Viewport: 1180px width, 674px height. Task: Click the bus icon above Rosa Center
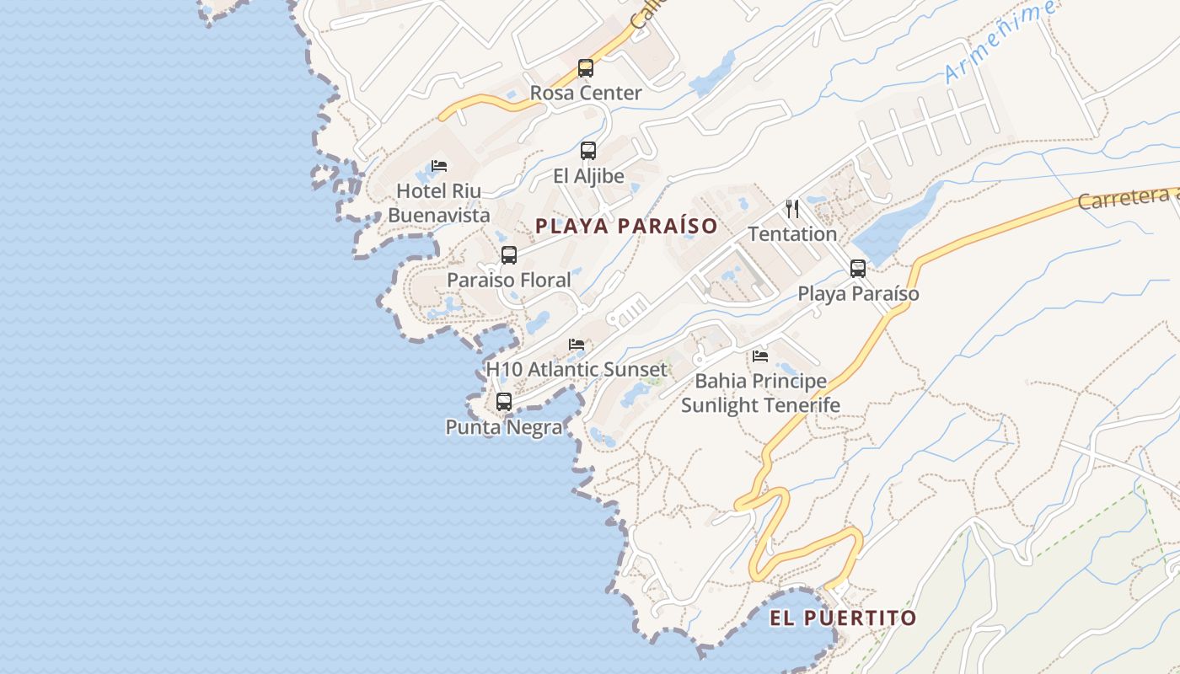586,68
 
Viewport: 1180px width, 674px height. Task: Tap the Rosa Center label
586,93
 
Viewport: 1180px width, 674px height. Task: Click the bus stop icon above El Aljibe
588,151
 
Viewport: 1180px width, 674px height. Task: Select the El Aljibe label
588,176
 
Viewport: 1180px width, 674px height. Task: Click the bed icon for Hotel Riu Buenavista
439,166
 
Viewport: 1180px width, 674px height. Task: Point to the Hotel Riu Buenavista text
439,203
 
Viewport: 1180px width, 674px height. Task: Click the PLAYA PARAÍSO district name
626,226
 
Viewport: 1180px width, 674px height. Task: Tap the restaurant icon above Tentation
792,208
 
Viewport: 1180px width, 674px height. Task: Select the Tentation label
792,233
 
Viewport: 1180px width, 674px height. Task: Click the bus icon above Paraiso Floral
509,254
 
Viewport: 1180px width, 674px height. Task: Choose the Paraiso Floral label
509,280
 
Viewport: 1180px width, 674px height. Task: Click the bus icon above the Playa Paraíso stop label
858,269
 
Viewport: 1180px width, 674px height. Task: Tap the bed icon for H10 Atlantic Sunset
577,345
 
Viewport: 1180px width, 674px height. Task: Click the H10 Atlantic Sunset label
577,369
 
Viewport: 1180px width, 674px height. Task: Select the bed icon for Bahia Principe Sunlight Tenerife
760,356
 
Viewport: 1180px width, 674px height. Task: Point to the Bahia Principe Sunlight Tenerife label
760,393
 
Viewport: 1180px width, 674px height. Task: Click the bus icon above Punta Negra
504,402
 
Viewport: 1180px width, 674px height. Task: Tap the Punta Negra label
504,427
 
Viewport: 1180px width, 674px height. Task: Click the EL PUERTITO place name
843,618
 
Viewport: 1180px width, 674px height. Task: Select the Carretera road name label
1128,200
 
